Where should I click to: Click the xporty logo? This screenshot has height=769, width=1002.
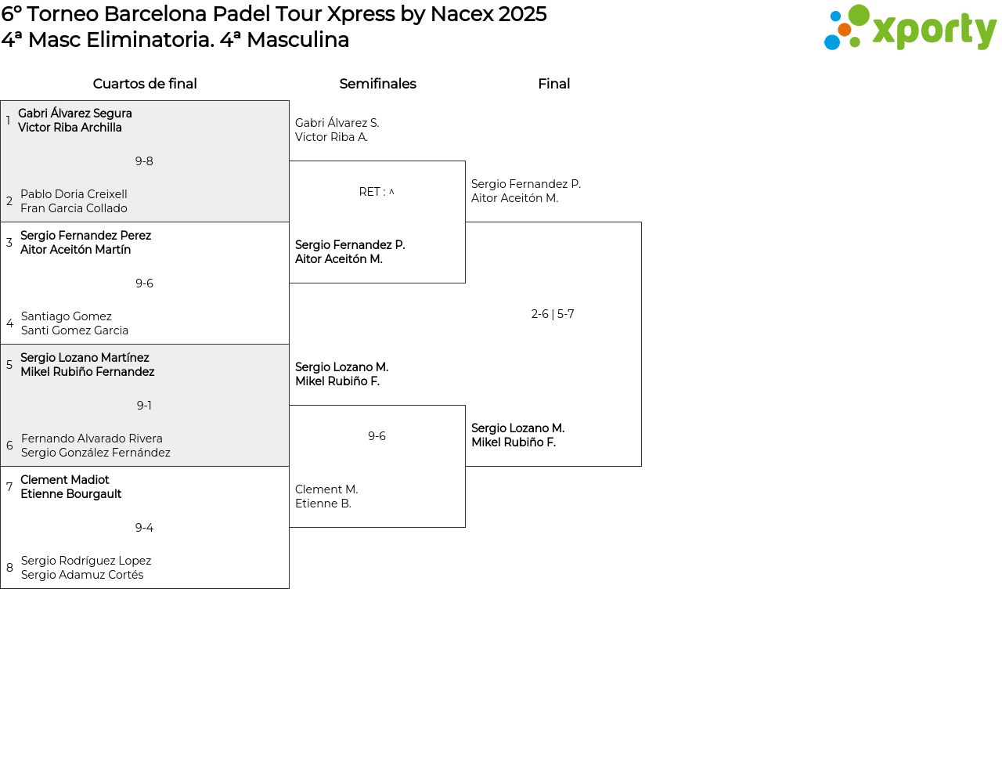coord(910,27)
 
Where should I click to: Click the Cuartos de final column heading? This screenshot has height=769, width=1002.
coord(145,84)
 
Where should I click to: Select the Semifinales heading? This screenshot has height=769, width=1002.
coord(377,84)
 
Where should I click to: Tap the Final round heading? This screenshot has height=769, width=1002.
coord(553,84)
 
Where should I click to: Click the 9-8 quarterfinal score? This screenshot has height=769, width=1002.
coord(144,161)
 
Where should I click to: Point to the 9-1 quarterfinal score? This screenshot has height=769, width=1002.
coord(144,406)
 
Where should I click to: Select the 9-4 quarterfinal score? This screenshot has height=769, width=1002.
coord(144,528)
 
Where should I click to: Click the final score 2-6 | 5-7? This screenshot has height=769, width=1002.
coord(553,314)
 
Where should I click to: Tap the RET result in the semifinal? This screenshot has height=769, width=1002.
coord(377,192)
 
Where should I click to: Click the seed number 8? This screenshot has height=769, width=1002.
coord(9,568)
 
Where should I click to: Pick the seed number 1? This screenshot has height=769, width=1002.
coord(8,121)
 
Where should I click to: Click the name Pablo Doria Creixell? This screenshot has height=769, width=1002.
coord(74,193)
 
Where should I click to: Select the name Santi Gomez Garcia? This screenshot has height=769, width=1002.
coord(74,330)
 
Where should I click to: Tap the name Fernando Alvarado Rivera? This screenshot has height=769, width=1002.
coord(92,439)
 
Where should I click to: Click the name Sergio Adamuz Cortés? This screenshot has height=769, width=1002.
coord(82,575)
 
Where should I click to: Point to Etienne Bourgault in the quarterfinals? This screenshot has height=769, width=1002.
coord(70,494)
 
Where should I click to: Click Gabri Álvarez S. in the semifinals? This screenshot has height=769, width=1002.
coord(337,123)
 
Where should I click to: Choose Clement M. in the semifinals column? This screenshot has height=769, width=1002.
coord(326,489)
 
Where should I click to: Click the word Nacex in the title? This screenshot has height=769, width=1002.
coord(462,14)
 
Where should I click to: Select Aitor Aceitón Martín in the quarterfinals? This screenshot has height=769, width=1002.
coord(76,250)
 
